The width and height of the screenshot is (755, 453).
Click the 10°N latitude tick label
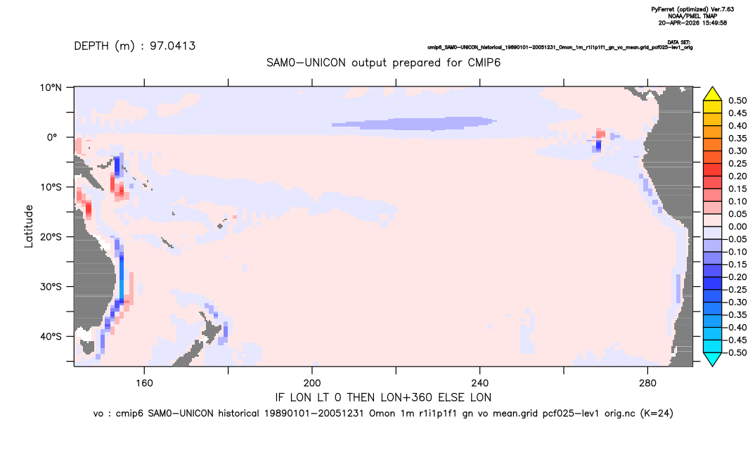point(51,88)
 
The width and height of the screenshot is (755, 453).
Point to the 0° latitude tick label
point(52,137)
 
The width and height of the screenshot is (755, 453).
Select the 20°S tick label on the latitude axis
point(51,237)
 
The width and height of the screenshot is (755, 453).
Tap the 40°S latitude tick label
point(51,336)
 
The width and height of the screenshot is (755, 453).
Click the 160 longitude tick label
point(144,383)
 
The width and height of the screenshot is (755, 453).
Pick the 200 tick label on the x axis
point(312,383)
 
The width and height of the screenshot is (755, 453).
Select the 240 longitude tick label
point(479,383)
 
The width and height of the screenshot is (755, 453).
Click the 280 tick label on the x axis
point(647,383)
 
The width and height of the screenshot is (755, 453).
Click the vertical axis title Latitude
point(29,226)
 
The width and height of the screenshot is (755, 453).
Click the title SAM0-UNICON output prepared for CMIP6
point(383,63)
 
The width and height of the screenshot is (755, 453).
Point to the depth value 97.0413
point(172,46)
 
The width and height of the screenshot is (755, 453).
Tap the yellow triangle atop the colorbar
point(712,94)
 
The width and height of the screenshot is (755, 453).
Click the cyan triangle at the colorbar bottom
point(712,359)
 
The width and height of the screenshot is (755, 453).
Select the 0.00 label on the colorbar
point(737,226)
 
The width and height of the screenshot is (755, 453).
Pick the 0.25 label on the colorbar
point(737,163)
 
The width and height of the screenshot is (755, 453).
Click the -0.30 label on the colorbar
point(736,302)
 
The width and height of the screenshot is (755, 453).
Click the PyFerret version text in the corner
point(692,9)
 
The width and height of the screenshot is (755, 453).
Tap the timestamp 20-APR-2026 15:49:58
point(692,23)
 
